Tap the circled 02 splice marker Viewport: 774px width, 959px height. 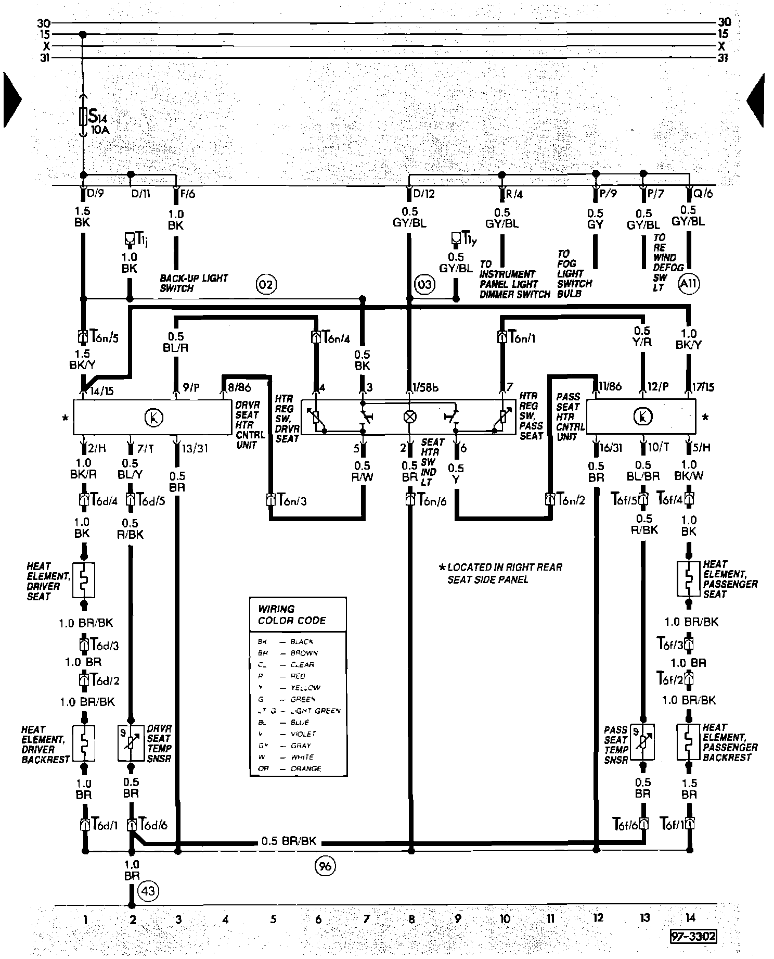(x=266, y=284)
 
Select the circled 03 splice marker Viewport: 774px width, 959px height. (x=424, y=284)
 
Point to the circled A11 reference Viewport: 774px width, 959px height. (x=689, y=284)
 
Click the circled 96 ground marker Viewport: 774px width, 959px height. (x=325, y=866)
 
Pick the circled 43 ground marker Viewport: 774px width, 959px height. (x=148, y=891)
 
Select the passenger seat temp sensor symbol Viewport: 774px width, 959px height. (x=643, y=741)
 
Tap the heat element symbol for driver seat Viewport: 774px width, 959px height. (x=83, y=579)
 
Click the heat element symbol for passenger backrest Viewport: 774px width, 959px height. (x=689, y=741)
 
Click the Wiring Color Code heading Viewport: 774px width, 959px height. (x=292, y=615)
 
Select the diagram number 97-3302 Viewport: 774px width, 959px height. (x=693, y=937)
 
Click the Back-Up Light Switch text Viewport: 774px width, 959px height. (x=193, y=283)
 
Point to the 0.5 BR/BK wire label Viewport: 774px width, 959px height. (x=289, y=841)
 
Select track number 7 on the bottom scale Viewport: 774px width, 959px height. (x=366, y=919)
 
